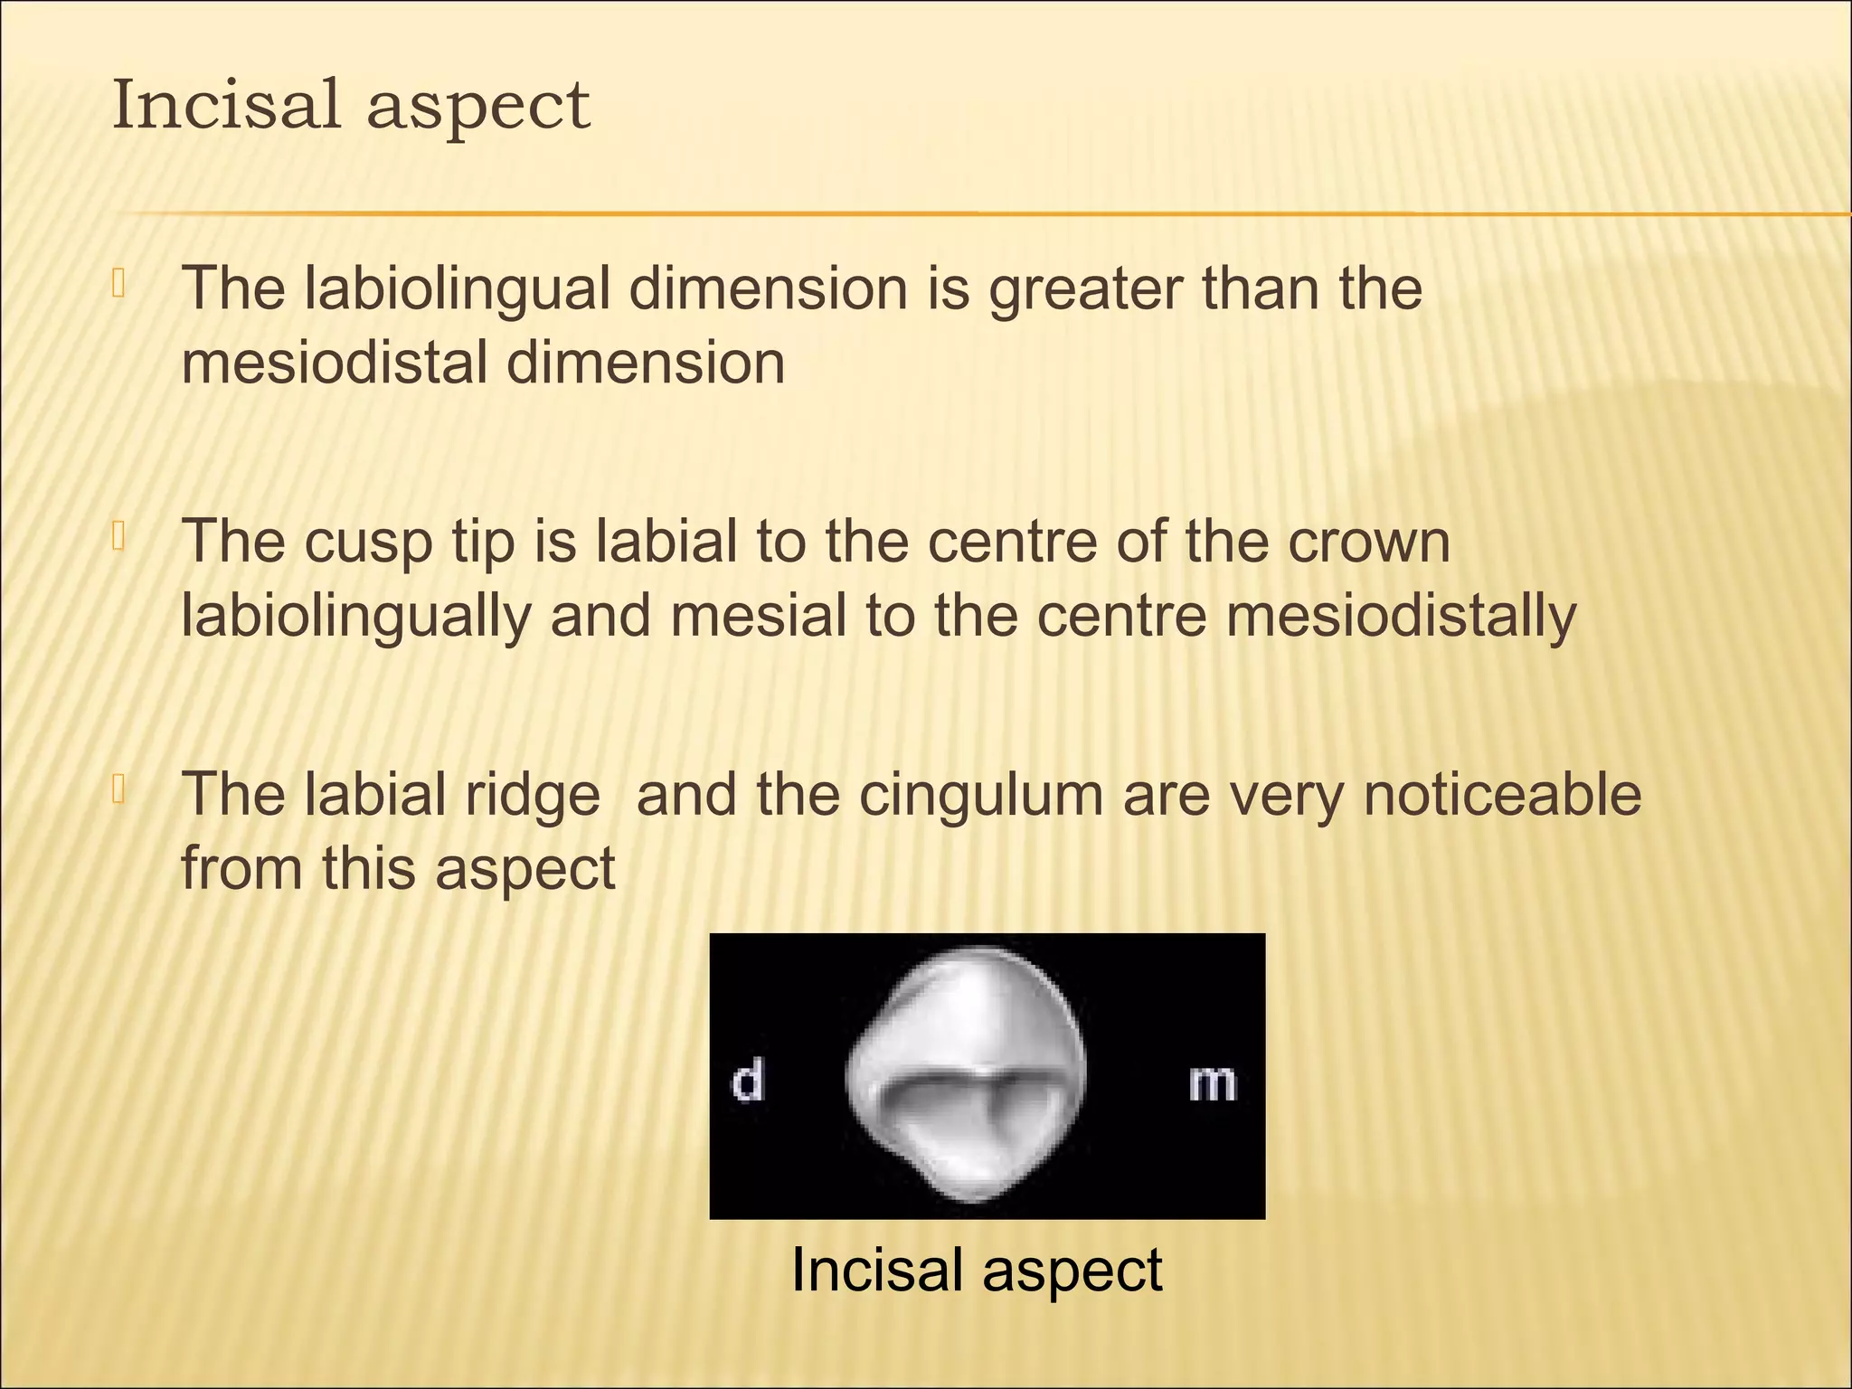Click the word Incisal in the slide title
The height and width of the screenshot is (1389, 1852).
tap(226, 105)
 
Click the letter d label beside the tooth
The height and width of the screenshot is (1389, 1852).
tap(747, 1082)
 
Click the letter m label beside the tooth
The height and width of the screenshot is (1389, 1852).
tap(1212, 1083)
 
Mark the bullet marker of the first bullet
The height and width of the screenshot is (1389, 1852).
tap(118, 284)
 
